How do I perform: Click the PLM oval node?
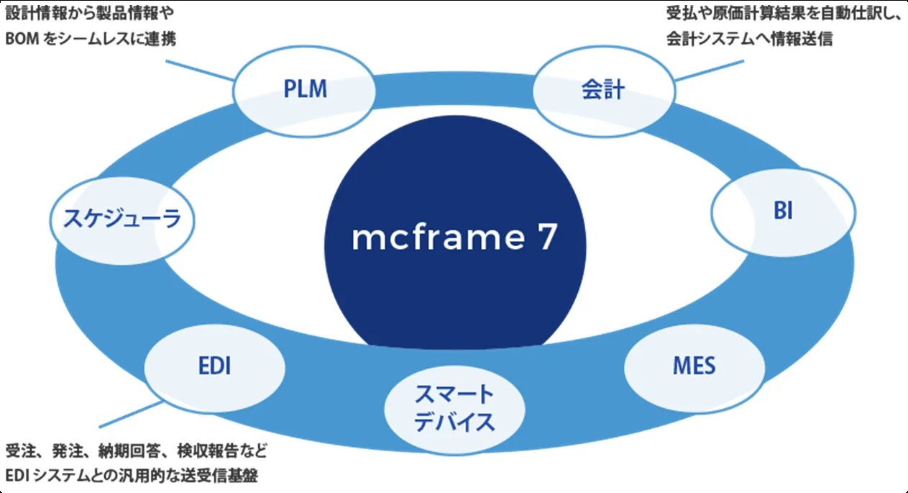click(x=305, y=91)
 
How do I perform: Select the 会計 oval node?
click(x=602, y=91)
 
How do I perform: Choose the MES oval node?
click(x=694, y=366)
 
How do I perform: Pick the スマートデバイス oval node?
click(x=454, y=408)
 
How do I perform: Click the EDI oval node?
click(x=214, y=366)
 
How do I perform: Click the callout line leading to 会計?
click(x=708, y=71)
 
